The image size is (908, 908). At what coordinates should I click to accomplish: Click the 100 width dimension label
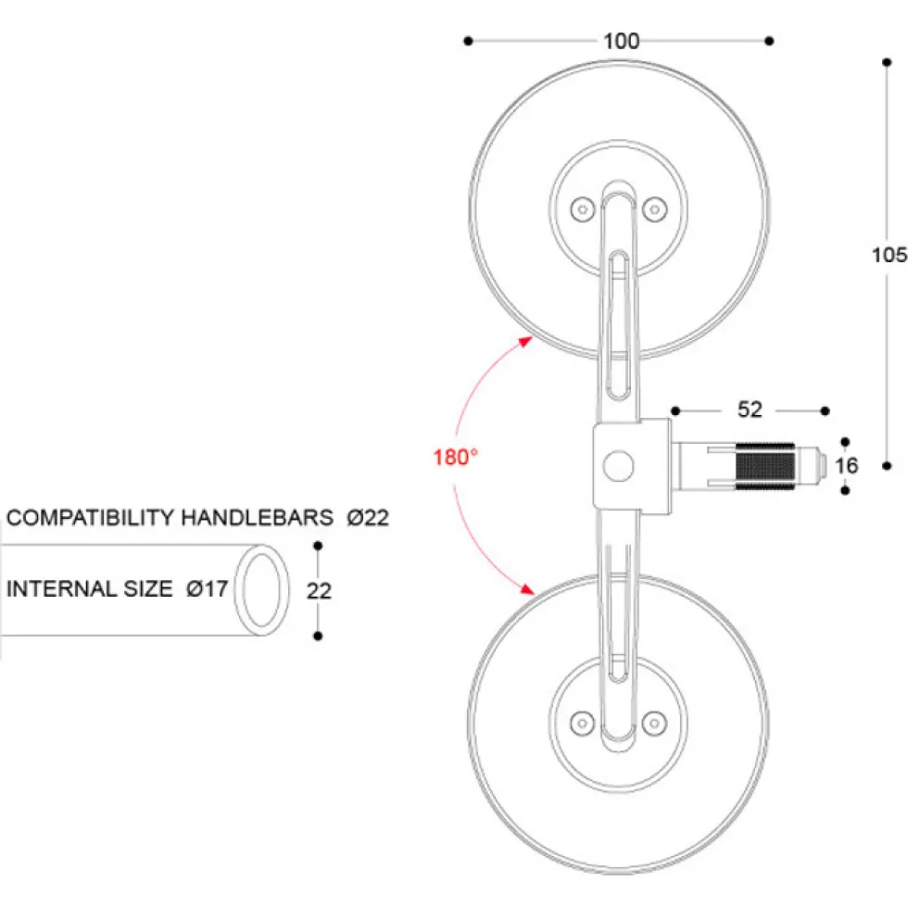tap(621, 41)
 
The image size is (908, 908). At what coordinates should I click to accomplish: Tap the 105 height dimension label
tap(889, 255)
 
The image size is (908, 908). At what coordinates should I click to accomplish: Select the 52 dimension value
tap(750, 410)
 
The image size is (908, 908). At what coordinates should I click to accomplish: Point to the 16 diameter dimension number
tap(846, 465)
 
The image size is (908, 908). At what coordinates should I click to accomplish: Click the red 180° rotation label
tap(456, 458)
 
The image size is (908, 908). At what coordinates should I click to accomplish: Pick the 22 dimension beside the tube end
tap(319, 591)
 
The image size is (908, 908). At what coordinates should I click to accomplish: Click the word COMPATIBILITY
tap(90, 517)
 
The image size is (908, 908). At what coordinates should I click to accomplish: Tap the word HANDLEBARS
tap(258, 517)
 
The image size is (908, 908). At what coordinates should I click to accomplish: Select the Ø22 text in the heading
tap(368, 517)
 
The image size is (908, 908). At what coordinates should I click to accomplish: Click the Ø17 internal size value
tap(207, 589)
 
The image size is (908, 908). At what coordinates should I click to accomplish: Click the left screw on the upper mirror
tap(583, 209)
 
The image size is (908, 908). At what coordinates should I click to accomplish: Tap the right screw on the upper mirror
tap(654, 209)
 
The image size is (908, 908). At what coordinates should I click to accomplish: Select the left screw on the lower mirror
tap(583, 723)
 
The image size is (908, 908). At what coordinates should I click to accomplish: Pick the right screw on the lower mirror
tap(654, 723)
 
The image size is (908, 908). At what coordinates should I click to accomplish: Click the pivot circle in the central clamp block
tap(619, 466)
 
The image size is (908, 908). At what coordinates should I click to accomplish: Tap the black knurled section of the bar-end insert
tap(765, 466)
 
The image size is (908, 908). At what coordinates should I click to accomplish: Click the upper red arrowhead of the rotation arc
tap(526, 341)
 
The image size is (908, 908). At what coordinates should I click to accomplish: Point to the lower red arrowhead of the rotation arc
tap(527, 589)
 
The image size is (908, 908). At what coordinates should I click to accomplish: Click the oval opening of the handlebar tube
tap(261, 590)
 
